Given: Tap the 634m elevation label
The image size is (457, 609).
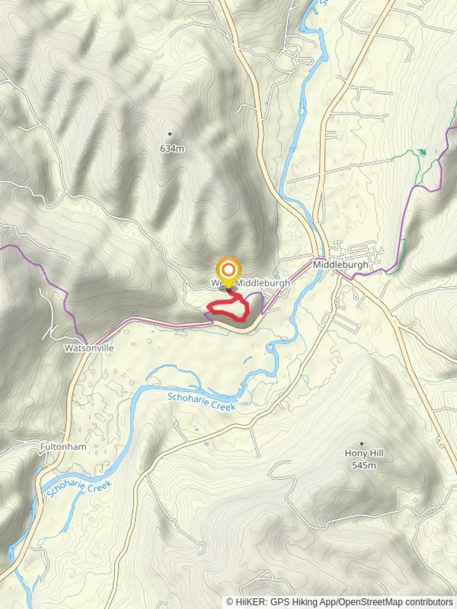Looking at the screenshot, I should [173, 149].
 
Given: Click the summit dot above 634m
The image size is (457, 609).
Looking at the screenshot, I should [169, 134].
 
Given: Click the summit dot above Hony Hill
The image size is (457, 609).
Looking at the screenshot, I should [361, 444].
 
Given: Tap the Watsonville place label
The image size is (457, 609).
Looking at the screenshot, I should [89, 348].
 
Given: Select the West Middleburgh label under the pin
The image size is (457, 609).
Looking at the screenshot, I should [251, 283].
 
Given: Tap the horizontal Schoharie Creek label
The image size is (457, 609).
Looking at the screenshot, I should [200, 401].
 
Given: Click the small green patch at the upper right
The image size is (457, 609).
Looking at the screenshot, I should [421, 152].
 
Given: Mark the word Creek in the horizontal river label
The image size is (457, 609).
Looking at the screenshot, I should [221, 405].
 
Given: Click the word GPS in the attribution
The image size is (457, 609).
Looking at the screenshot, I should [275, 602].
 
